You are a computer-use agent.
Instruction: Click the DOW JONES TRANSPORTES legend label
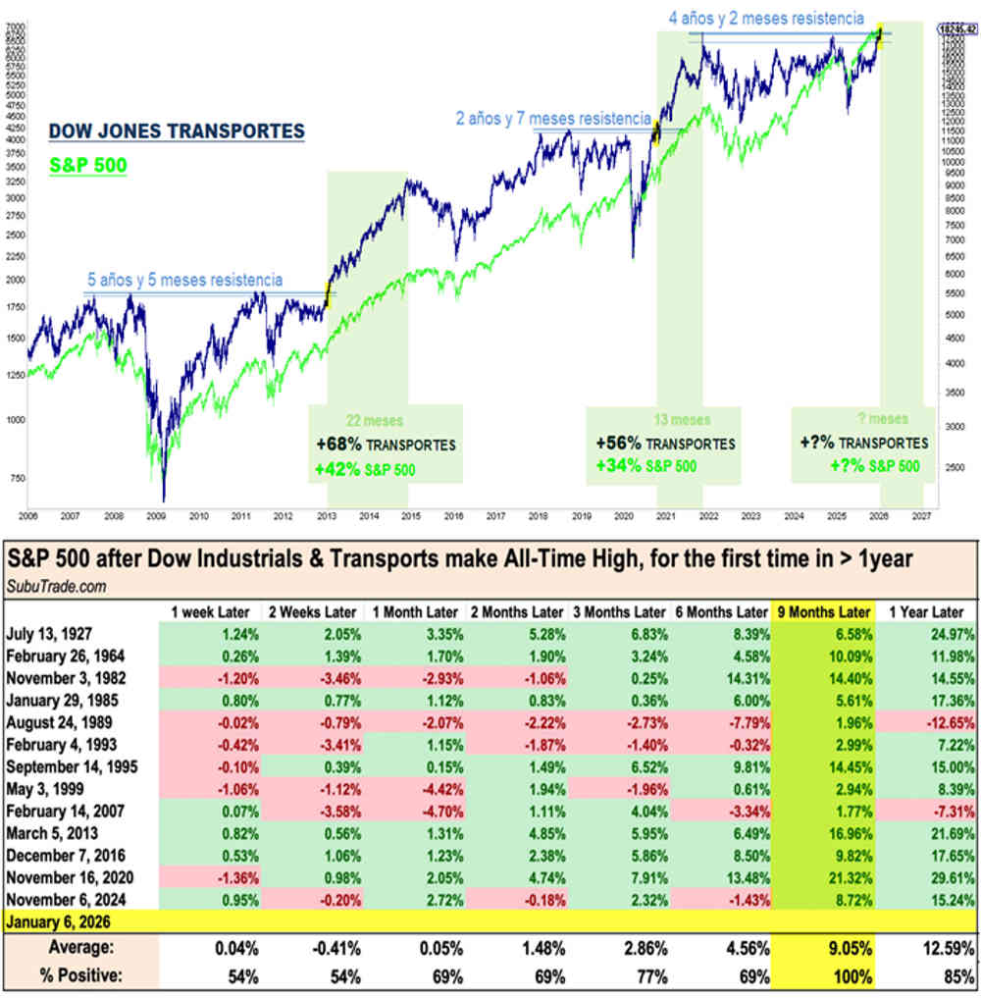(x=177, y=131)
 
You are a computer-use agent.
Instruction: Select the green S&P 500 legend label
(x=88, y=166)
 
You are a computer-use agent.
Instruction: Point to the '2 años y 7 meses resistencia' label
(x=553, y=118)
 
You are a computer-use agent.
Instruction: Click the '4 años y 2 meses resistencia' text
(x=766, y=18)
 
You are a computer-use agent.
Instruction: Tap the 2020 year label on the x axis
(x=621, y=514)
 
